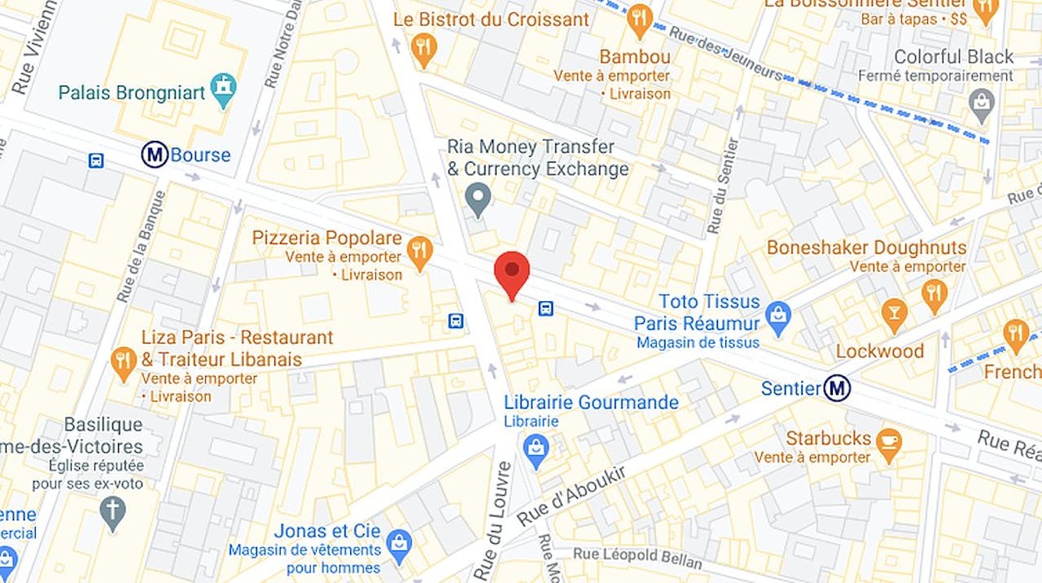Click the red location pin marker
512,273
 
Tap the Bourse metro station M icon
155,155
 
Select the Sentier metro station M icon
836,388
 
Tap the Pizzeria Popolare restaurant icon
419,252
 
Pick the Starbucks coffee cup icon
889,444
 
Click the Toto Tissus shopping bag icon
779,318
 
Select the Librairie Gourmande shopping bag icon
536,451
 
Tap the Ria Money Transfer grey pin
478,199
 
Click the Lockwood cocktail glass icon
894,315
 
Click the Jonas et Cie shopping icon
398,546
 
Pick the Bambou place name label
635,57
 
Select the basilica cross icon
112,512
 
